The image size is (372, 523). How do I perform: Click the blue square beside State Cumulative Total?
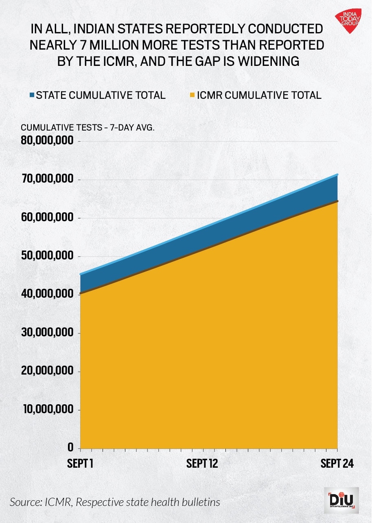(32, 95)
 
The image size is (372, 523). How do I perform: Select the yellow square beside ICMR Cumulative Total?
(193, 95)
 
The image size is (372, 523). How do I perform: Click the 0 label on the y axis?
(70, 448)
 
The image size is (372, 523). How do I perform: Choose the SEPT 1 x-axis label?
(80, 464)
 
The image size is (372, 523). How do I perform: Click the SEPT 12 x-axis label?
(202, 464)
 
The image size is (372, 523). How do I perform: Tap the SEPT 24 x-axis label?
(337, 464)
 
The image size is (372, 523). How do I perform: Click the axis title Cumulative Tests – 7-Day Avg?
(88, 127)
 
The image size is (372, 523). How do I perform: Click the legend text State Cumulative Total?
(101, 95)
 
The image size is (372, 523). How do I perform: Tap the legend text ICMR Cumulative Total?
(259, 95)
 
